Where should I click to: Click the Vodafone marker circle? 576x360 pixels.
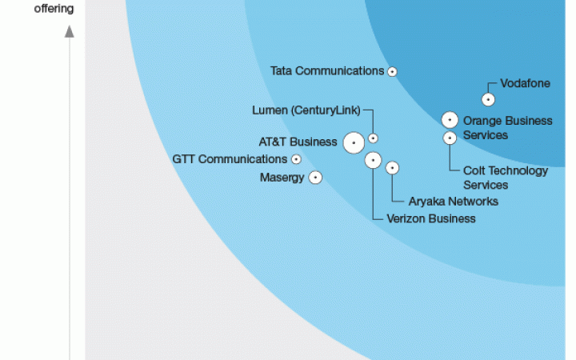coord(488,100)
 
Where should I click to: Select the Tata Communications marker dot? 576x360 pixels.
coord(392,71)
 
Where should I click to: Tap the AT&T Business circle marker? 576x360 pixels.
coord(353,142)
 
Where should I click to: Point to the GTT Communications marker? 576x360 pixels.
coord(296,159)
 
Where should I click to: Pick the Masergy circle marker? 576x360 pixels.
coord(315,178)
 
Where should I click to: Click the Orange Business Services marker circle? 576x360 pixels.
coord(450,120)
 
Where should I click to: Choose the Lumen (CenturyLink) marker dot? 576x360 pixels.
coord(373,138)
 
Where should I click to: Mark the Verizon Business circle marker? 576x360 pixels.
coord(373,160)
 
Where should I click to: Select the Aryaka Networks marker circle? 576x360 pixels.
coord(392,168)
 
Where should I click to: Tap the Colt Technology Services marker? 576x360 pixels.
coord(450,138)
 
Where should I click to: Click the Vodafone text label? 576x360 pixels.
coord(525,83)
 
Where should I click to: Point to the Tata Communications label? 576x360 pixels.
coord(327,70)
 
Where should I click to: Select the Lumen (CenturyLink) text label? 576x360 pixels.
coord(306,110)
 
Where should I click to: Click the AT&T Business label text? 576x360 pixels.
coord(298,142)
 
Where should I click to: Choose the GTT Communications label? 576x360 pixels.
coord(230,159)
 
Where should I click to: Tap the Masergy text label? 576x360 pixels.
coord(282,178)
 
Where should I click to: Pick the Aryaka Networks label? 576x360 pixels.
coord(454,202)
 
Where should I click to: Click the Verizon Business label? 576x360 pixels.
coord(431,218)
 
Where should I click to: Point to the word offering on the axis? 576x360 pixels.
coord(54,9)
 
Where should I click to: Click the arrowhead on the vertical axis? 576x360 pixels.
coord(70,31)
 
